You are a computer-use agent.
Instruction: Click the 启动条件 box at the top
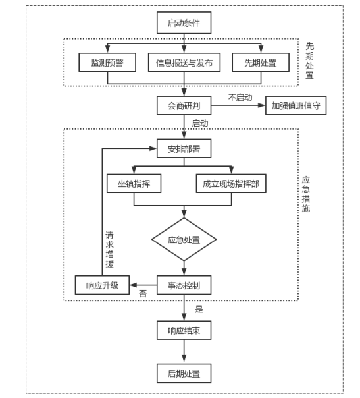coord(184,22)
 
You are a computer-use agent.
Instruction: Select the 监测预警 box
coord(107,63)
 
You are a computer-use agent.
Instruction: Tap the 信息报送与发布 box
coord(184,63)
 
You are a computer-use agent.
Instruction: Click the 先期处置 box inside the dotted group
coord(261,63)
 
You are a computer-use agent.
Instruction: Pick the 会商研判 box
coord(184,105)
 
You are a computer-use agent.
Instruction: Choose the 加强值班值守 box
coord(296,105)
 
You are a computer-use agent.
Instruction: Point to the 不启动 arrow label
coord(240,98)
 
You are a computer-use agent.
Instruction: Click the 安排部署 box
coord(184,148)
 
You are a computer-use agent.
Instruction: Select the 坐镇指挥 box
coord(134,183)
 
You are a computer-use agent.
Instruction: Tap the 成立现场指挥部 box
coord(231,183)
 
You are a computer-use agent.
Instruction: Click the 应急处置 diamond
coord(184,239)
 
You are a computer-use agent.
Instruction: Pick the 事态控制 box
coord(184,285)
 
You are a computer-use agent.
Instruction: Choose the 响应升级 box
coord(102,285)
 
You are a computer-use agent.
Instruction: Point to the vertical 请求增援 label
coord(109,250)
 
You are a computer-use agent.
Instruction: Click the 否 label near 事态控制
coord(143,294)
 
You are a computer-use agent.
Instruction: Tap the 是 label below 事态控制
coord(199,309)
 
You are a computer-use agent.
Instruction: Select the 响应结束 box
coord(184,330)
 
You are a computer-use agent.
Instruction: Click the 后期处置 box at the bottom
coord(184,373)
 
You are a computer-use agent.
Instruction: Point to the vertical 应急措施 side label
coord(306,194)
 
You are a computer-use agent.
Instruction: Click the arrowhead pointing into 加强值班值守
coord(262,105)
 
